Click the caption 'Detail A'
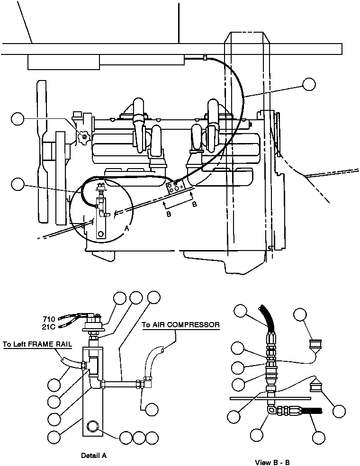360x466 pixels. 94,456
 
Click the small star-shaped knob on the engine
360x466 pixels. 84,137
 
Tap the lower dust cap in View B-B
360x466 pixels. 316,387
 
